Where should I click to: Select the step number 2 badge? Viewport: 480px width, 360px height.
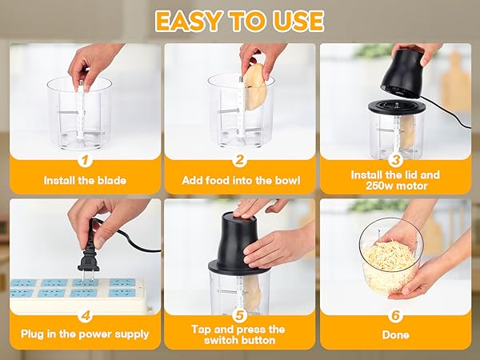[239, 160]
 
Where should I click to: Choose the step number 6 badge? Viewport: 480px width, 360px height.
[395, 315]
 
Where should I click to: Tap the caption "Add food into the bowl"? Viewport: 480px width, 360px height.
[239, 181]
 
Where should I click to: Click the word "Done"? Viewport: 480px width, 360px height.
[395, 335]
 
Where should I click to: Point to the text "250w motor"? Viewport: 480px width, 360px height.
[395, 186]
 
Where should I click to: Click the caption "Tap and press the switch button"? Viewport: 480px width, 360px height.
[239, 334]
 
